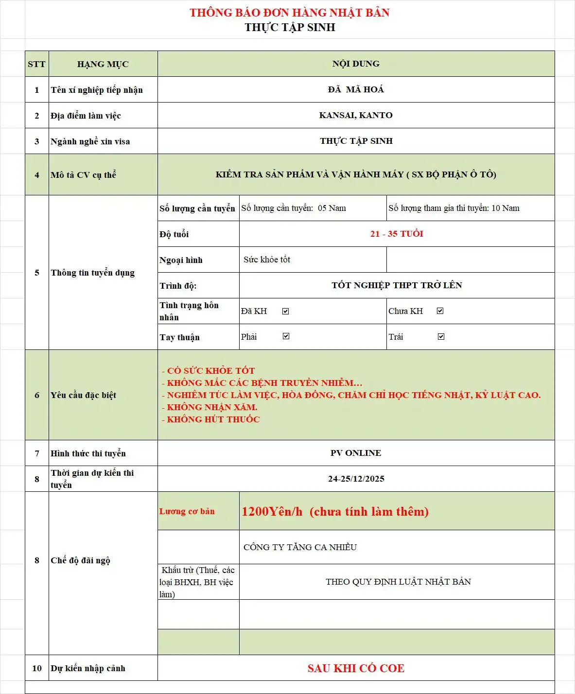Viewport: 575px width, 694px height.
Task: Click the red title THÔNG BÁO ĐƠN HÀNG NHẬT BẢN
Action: [289, 13]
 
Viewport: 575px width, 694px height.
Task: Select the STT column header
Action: [36, 64]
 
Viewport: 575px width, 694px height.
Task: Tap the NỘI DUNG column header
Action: [356, 64]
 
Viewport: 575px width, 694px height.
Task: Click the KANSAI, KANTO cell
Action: [356, 115]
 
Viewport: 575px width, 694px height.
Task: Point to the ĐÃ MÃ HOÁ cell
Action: [356, 89]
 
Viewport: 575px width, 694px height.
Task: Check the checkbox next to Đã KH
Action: [286, 311]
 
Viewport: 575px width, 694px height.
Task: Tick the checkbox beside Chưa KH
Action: [440, 311]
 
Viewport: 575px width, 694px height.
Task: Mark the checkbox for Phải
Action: [286, 336]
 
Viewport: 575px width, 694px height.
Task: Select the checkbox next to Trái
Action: [441, 336]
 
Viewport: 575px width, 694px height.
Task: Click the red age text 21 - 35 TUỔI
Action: [397, 234]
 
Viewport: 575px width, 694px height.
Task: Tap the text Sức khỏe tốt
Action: [267, 260]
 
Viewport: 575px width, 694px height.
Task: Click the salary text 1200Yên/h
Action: [272, 511]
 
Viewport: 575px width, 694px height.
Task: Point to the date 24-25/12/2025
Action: [356, 479]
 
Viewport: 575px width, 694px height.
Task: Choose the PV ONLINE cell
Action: [356, 453]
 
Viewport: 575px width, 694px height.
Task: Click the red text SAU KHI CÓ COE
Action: [356, 668]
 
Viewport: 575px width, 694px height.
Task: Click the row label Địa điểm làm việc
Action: [86, 116]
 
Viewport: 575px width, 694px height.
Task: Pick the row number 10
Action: [37, 668]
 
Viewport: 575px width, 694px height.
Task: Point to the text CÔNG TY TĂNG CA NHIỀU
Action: [300, 547]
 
